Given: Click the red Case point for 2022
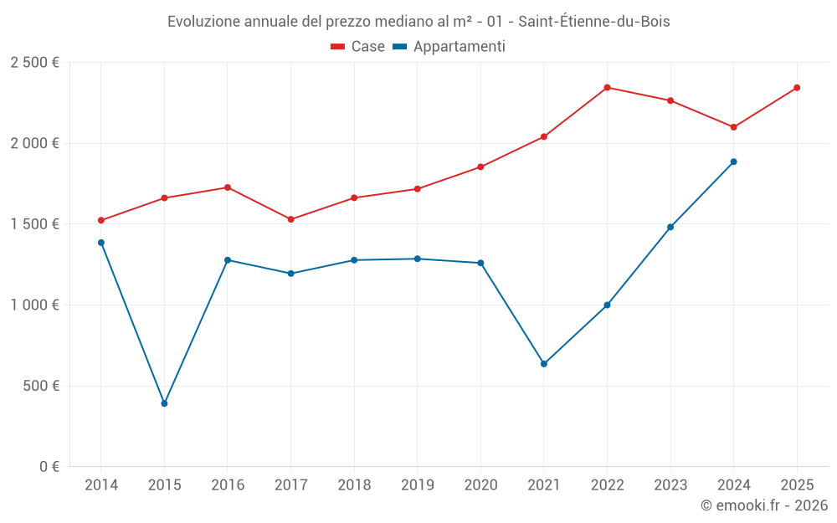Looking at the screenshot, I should coord(607,87).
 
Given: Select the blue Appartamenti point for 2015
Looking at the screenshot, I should coord(164,403).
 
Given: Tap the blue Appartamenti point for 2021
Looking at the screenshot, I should coord(544,364).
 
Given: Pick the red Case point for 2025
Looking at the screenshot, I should coord(797,87).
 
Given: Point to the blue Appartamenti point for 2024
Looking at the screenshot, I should coord(734,162).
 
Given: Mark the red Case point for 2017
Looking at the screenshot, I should coord(290,219).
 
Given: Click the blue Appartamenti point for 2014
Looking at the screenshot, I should coord(101,243).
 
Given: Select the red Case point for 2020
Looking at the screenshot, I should coord(480,167).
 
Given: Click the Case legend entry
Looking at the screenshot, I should coord(358,47).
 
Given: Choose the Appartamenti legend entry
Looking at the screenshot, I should coord(449,47).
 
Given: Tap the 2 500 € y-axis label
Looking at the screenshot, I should coord(34,63).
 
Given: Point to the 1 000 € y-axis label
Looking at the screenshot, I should coord(34,305).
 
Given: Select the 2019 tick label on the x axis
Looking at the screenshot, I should coord(417,485).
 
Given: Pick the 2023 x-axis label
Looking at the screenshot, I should coord(670,485).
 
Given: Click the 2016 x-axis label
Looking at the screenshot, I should coord(228,485).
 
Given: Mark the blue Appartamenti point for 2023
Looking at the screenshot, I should coord(670,227).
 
